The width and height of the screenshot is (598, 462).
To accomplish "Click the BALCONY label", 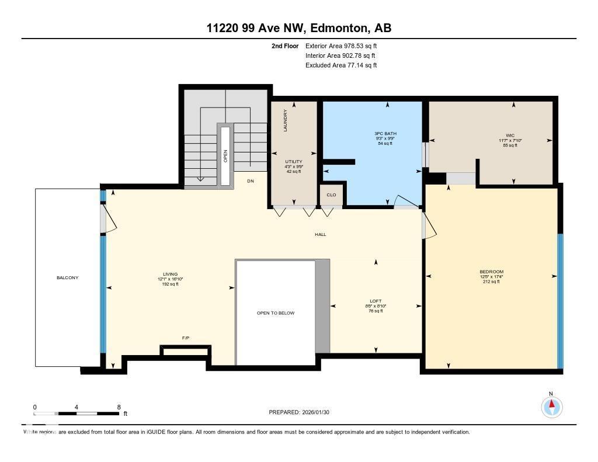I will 67,277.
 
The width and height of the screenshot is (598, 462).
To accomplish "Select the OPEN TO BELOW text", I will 276,313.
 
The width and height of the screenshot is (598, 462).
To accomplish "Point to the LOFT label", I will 376,301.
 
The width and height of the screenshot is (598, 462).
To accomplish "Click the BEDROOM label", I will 491,272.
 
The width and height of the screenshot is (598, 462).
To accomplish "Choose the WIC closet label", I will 510,136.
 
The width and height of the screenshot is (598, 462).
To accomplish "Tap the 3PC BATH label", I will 385,134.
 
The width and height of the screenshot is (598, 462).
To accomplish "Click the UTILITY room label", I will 293,161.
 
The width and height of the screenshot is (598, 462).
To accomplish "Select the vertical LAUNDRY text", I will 286,120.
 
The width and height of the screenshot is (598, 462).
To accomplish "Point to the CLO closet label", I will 331,195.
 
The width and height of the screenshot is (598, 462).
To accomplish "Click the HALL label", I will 320,234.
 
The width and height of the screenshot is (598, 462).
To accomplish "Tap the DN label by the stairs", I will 251,181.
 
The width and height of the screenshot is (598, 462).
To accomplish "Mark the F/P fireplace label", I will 186,338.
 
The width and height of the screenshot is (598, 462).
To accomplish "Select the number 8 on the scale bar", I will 119,407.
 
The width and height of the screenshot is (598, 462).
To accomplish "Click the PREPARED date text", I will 303,412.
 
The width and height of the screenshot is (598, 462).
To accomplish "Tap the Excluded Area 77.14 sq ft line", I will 341,65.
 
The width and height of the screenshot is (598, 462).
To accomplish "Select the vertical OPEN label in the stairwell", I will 225,155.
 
